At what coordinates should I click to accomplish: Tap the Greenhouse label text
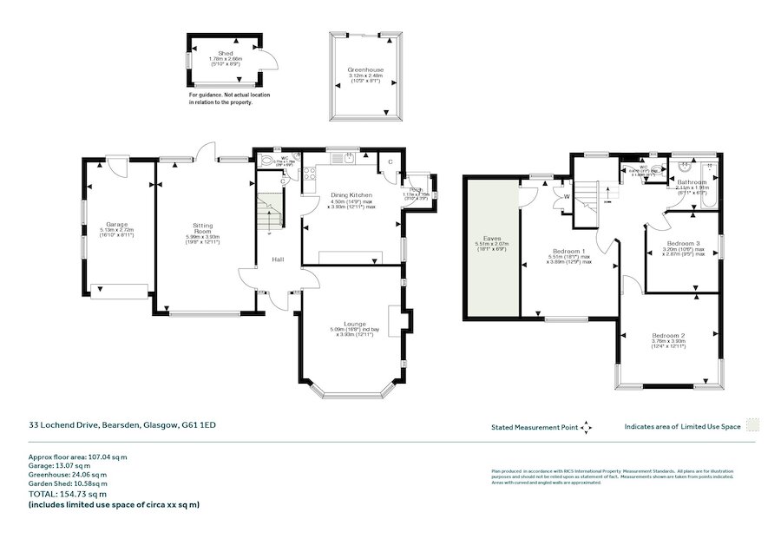pos(365,69)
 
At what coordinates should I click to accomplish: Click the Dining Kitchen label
pos(351,194)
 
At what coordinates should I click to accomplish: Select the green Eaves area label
pos(493,237)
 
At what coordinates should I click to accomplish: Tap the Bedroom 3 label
pos(684,243)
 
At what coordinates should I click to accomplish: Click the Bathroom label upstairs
pos(692,181)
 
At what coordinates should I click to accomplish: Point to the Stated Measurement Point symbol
pos(586,427)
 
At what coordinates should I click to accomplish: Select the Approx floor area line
pos(77,456)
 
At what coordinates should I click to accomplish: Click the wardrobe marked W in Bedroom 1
pos(566,195)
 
